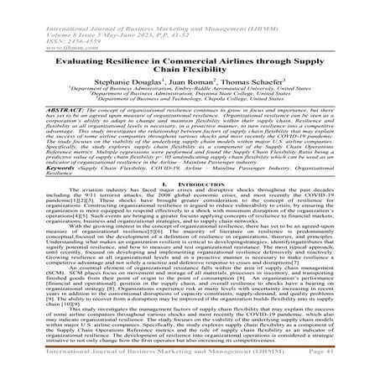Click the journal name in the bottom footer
(x=151, y=372)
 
